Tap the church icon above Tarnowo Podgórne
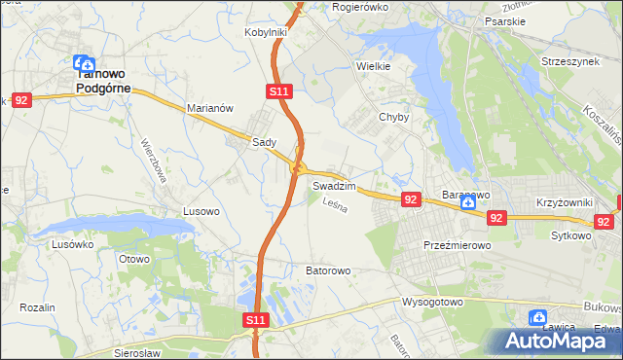pyautogui.click(x=85, y=62)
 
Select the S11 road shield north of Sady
pyautogui.click(x=278, y=91)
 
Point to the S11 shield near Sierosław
pyautogui.click(x=254, y=319)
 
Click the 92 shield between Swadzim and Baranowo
pyautogui.click(x=410, y=199)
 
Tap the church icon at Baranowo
pyautogui.click(x=467, y=202)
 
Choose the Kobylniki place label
pyautogui.click(x=265, y=32)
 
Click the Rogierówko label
pyautogui.click(x=360, y=7)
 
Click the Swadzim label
pyautogui.click(x=334, y=185)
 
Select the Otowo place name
pyautogui.click(x=133, y=259)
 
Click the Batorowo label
pyautogui.click(x=328, y=270)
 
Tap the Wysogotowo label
pyautogui.click(x=432, y=302)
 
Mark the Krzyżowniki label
pyautogui.click(x=564, y=202)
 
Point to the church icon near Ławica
pyautogui.click(x=537, y=317)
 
